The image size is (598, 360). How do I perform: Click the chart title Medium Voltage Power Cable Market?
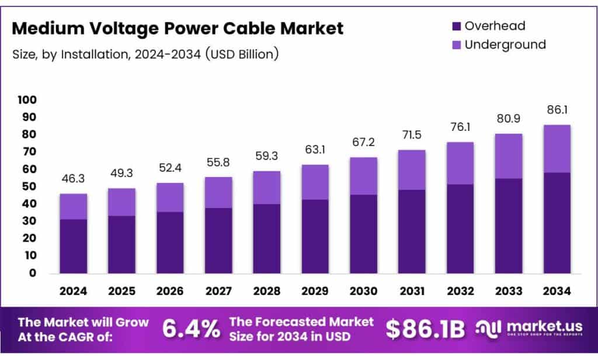[x=178, y=28]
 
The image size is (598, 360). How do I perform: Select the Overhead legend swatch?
[x=457, y=26]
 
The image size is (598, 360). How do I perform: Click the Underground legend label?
[x=505, y=44]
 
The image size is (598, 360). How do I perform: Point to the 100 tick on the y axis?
[x=29, y=100]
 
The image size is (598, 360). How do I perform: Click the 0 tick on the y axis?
[x=33, y=273]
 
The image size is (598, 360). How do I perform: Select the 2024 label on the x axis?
[x=73, y=290]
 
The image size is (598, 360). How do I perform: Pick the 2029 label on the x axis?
[x=315, y=290]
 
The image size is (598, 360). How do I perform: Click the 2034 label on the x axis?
[x=557, y=290]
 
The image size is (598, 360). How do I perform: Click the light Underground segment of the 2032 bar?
[x=460, y=163]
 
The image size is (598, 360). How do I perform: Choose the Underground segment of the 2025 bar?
[x=121, y=202]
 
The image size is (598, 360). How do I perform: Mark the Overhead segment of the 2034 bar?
[x=557, y=223]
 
